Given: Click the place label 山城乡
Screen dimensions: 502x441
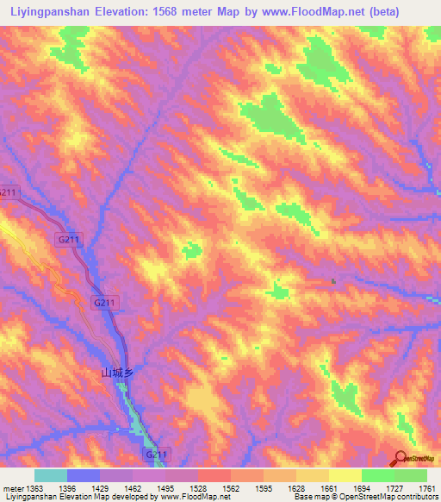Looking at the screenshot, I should (118, 373).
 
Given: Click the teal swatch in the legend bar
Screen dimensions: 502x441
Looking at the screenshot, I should (51, 475).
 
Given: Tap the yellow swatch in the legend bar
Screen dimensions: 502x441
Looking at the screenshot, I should (345, 475).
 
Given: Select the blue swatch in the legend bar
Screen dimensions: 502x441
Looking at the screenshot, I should (84, 475).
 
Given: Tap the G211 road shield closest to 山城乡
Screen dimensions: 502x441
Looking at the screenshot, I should (103, 302).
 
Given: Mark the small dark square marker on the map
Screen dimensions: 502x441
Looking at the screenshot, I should (334, 281).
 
